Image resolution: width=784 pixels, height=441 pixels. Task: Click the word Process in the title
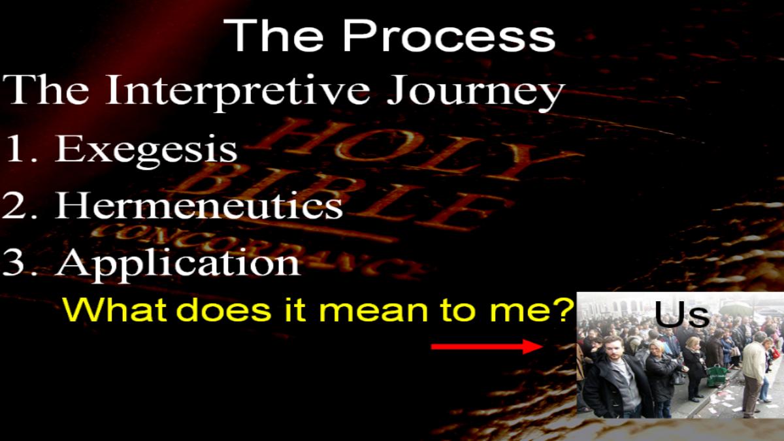coord(449,36)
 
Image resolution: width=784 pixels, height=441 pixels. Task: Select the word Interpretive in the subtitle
coord(238,91)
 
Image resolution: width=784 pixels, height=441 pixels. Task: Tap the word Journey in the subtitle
coord(476,91)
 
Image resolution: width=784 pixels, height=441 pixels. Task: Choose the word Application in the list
coord(178,264)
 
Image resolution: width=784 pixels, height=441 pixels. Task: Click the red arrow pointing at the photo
coord(487,346)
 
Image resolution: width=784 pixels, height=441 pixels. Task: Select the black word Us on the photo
coord(681,314)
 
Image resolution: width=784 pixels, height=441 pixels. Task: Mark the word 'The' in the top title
coord(274,36)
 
